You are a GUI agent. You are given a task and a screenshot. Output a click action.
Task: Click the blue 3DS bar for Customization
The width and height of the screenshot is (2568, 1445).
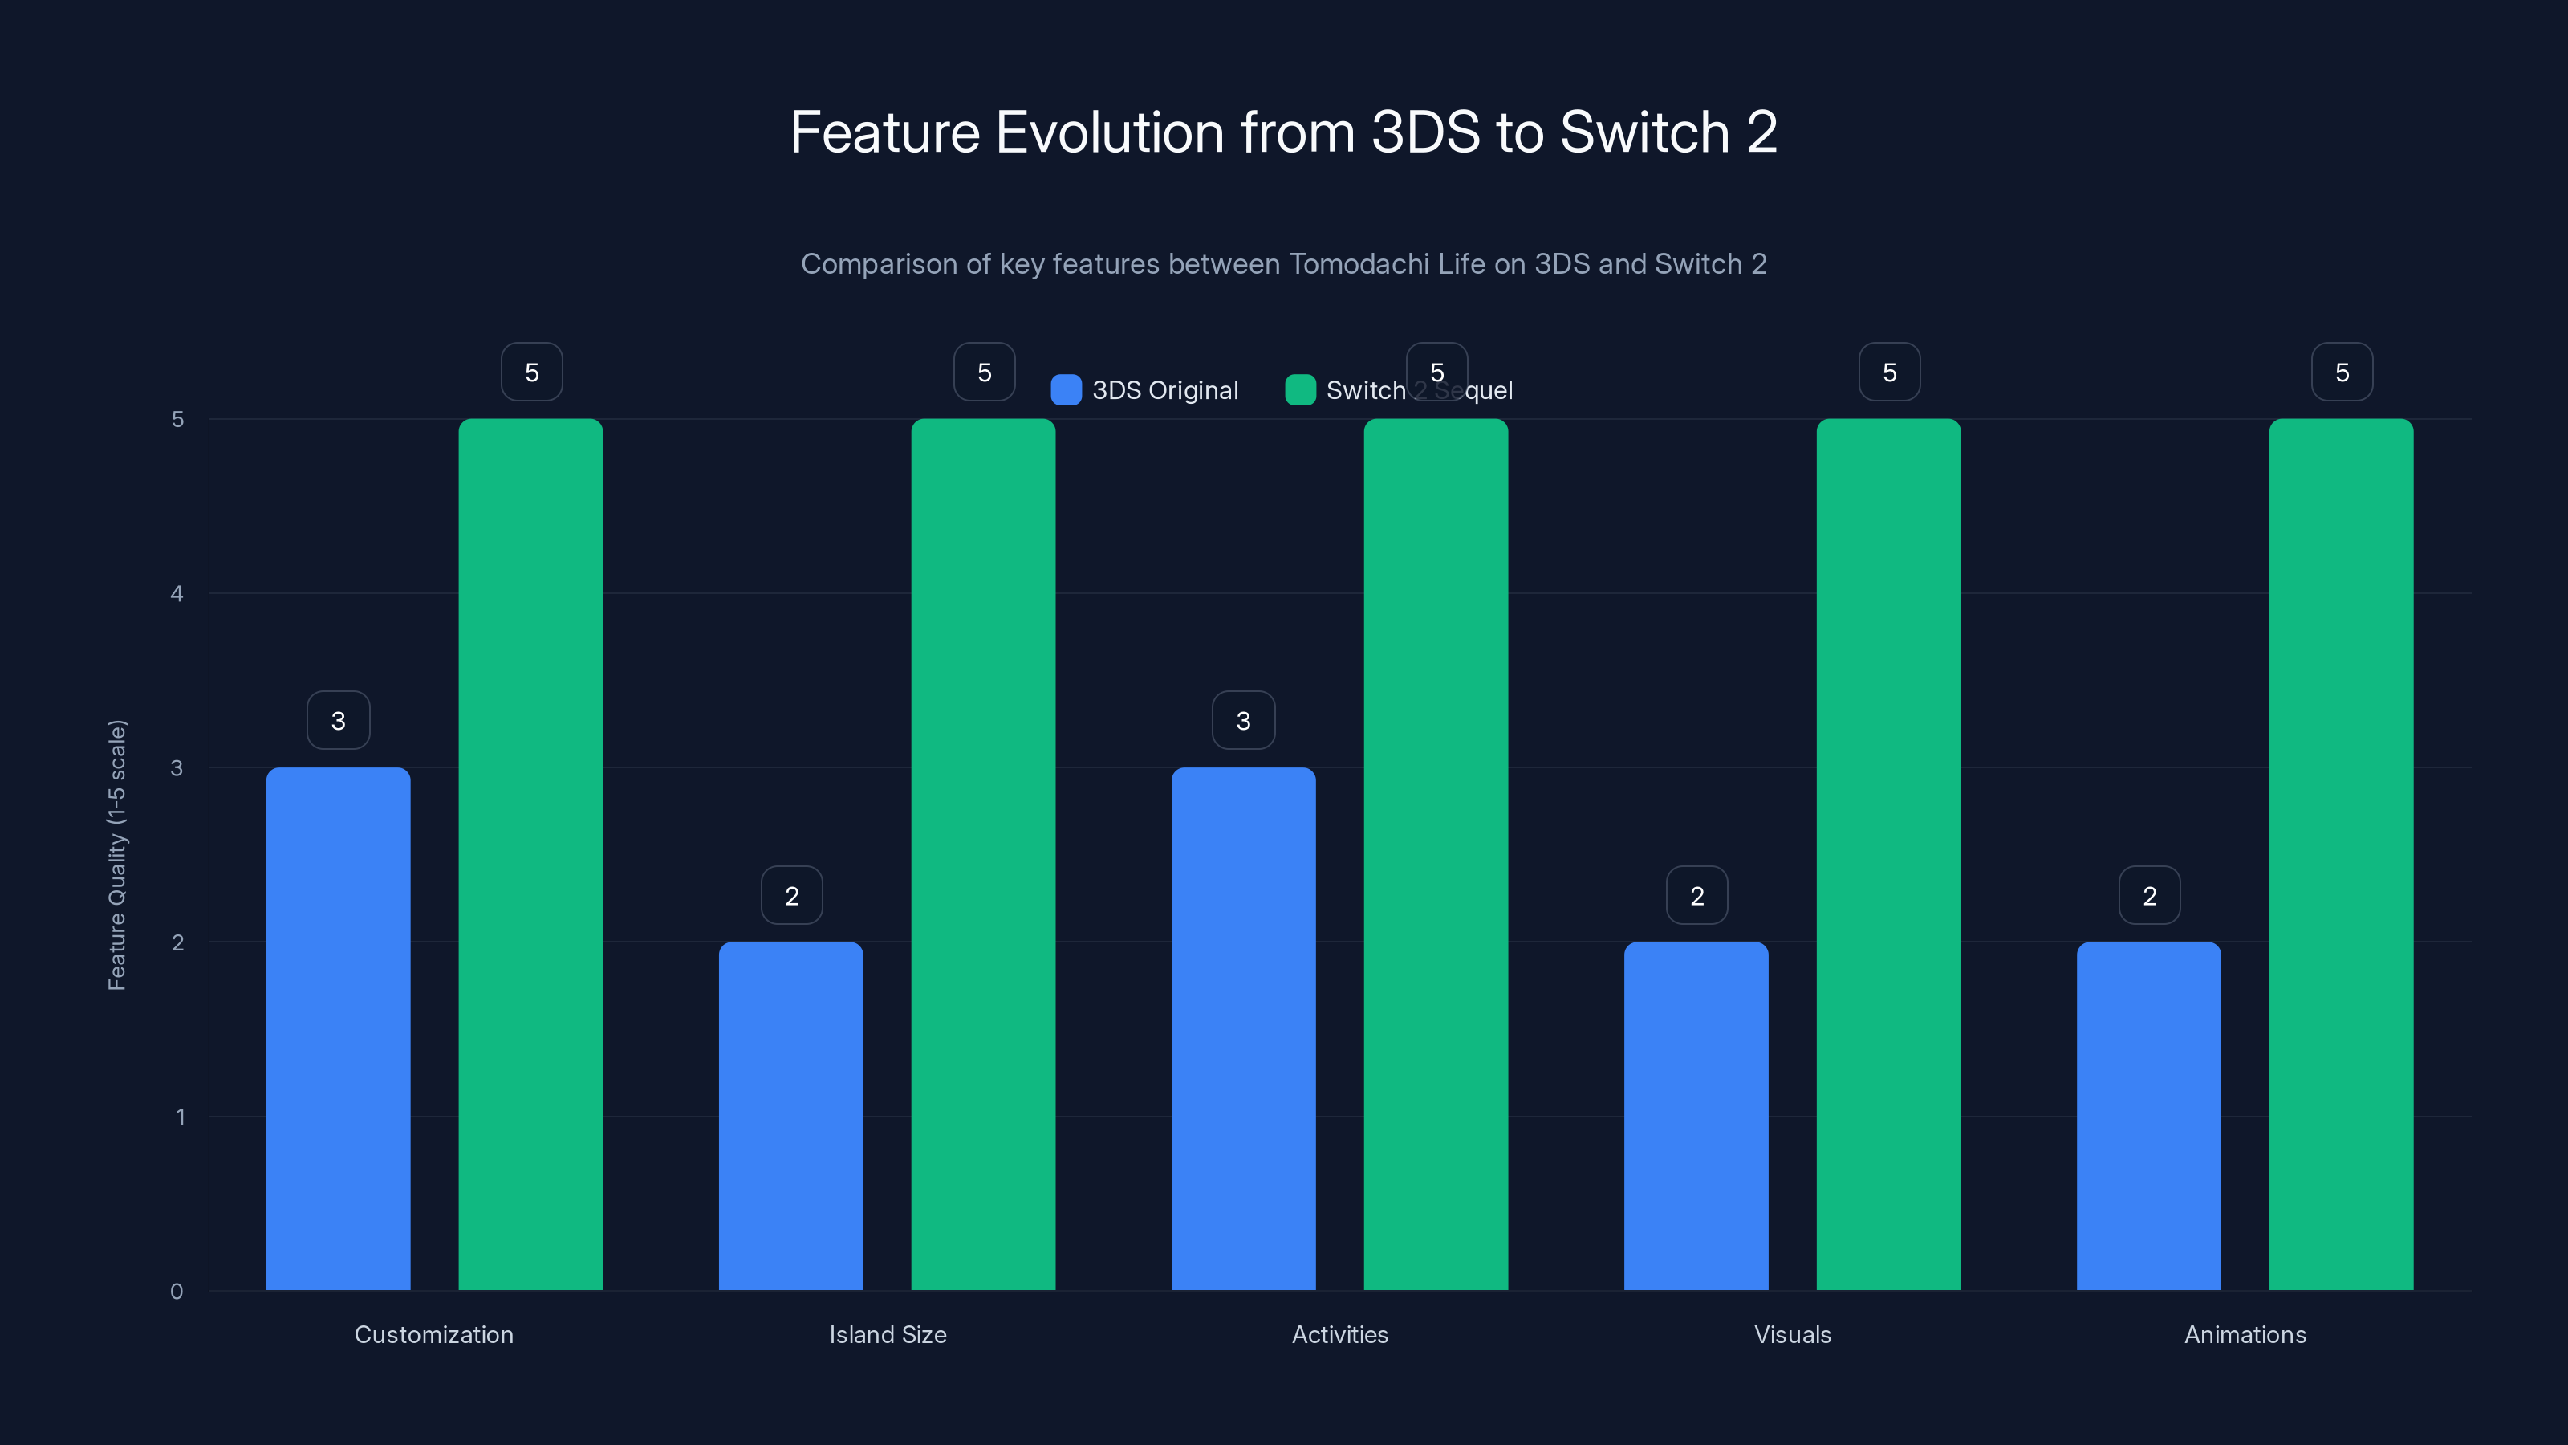[338, 1028]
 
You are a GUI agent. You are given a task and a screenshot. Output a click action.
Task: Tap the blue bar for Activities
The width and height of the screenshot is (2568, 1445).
[1243, 1028]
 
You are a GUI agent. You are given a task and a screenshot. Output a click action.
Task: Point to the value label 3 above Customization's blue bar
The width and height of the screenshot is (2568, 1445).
[338, 720]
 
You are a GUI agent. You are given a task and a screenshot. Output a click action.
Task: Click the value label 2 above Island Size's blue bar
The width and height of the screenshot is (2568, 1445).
[791, 896]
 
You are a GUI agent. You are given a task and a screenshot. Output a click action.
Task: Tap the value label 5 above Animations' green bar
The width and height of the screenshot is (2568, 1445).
[2342, 372]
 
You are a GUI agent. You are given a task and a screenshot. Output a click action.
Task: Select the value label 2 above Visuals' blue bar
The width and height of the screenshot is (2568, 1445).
[1696, 896]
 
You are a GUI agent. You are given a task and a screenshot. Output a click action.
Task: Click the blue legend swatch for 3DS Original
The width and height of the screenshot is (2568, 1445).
[1066, 390]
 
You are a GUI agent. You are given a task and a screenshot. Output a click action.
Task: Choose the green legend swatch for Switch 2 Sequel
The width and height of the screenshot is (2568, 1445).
[1300, 390]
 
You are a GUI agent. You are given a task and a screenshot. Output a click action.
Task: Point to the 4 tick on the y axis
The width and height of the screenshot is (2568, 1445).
[177, 594]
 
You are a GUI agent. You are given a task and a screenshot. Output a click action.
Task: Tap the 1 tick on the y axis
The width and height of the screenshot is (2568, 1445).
[181, 1117]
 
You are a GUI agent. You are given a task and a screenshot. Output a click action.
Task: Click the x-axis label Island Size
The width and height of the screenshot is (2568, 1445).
[888, 1334]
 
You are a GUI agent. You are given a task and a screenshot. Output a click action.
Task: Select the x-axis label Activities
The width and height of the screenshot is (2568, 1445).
[1340, 1334]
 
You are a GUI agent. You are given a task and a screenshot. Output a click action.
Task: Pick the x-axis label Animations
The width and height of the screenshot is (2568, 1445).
[2245, 1334]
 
